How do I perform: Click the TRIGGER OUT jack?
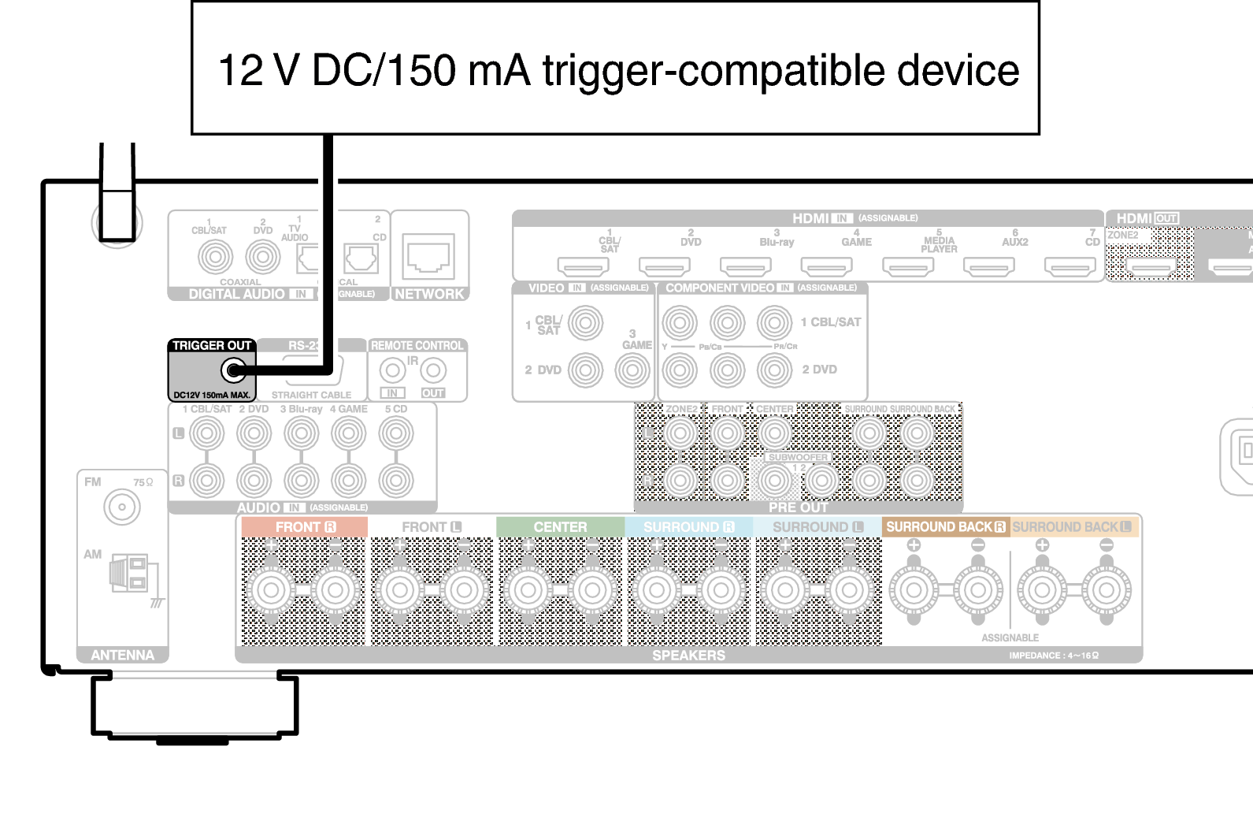click(x=233, y=370)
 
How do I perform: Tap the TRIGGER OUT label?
click(x=211, y=346)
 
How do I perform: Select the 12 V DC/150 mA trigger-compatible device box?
click(x=615, y=69)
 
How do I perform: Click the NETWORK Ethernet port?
click(x=428, y=257)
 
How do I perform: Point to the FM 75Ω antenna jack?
click(x=122, y=507)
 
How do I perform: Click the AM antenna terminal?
click(x=128, y=573)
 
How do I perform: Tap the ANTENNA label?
click(x=122, y=655)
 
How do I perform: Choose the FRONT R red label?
click(x=305, y=527)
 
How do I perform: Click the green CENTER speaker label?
click(x=560, y=527)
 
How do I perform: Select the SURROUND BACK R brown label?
click(x=945, y=527)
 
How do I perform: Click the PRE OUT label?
click(x=798, y=507)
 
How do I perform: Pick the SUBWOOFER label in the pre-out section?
click(x=798, y=457)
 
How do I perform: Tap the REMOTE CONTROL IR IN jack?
click(x=392, y=370)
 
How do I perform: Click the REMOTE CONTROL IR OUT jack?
click(x=433, y=370)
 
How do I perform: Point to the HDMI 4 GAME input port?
click(x=826, y=268)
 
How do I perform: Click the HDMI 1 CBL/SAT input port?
click(x=583, y=268)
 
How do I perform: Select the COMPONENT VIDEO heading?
click(x=720, y=288)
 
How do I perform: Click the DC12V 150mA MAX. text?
click(x=211, y=395)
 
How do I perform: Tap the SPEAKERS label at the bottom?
click(x=688, y=655)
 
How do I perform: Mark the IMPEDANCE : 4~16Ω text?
click(x=1054, y=656)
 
